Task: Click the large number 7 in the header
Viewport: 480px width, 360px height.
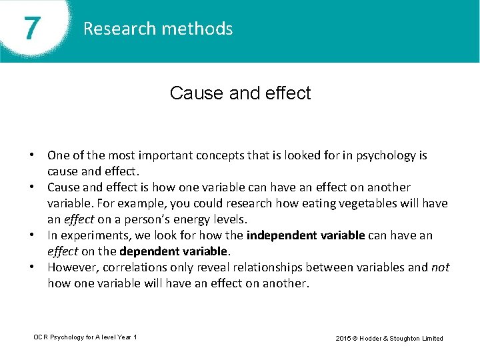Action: click(x=30, y=29)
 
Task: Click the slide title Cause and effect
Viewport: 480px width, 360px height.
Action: click(x=240, y=93)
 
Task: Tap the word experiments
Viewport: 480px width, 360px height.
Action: click(x=91, y=235)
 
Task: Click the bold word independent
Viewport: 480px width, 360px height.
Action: click(x=279, y=235)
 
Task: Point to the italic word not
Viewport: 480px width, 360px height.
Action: click(x=440, y=267)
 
